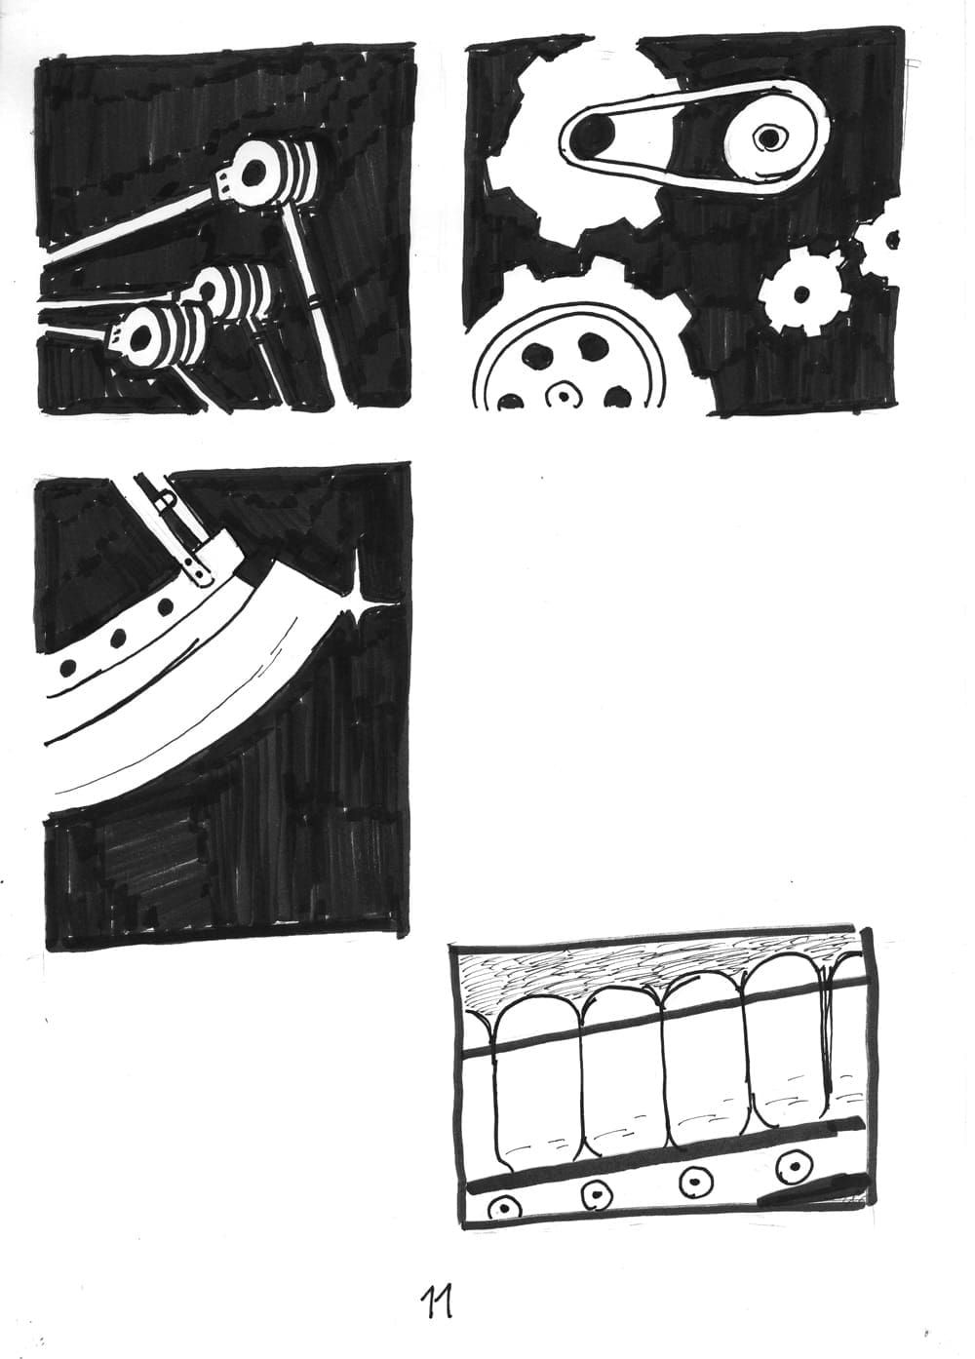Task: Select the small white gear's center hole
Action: point(801,294)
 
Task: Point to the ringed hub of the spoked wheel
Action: point(563,396)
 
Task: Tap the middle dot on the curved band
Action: point(118,637)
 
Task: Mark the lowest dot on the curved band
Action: point(69,667)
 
